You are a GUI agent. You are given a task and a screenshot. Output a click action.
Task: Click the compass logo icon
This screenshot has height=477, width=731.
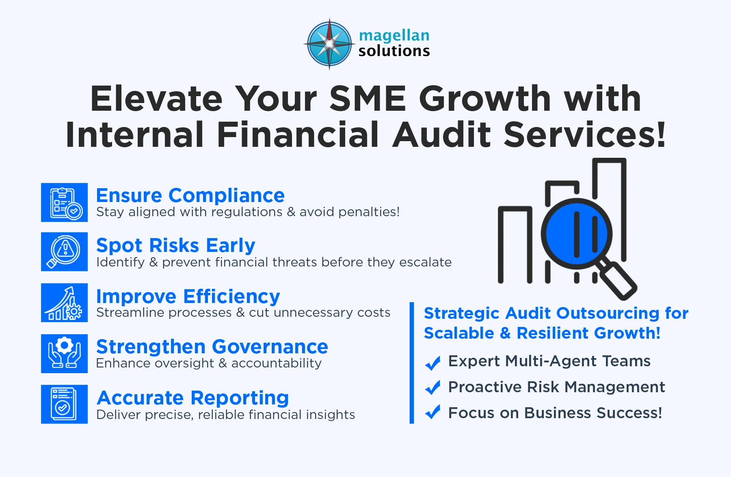click(329, 44)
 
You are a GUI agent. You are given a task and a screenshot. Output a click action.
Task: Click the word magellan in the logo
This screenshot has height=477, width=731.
click(394, 36)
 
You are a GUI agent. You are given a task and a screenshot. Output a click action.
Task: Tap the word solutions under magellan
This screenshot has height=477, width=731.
click(394, 51)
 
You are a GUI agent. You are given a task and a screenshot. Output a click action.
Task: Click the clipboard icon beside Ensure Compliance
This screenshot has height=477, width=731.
click(64, 202)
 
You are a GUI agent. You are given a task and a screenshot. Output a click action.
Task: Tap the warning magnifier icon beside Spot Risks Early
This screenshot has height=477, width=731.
click(64, 251)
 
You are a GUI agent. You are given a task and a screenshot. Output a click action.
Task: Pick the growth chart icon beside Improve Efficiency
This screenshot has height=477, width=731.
click(64, 303)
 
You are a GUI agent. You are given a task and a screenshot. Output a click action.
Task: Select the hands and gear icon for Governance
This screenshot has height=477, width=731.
click(64, 353)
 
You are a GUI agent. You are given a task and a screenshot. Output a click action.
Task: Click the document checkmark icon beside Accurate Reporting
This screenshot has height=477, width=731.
click(64, 404)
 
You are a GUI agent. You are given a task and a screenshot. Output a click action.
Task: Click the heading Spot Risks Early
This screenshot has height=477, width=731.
click(175, 246)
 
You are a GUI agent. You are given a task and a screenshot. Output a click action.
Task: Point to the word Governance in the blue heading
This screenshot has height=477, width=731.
click(270, 347)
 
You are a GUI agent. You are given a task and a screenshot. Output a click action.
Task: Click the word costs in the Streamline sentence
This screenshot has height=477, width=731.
click(374, 313)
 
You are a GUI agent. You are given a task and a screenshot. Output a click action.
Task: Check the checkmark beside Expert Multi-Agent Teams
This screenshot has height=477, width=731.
click(433, 363)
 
